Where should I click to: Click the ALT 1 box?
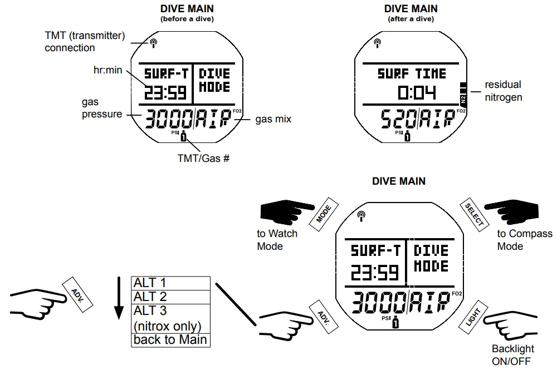click(171, 283)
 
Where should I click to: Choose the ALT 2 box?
click(171, 297)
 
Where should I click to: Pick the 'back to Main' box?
click(171, 339)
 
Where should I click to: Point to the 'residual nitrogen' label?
click(503, 91)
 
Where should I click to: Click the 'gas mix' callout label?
click(273, 119)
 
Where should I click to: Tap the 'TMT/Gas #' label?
click(203, 159)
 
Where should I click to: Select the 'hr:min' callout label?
click(108, 70)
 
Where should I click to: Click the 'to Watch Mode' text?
click(277, 240)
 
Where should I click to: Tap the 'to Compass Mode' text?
click(524, 240)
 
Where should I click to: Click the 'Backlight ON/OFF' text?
click(512, 355)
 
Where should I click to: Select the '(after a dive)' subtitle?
click(411, 19)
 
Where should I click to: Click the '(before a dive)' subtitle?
click(187, 19)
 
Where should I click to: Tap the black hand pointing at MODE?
click(287, 212)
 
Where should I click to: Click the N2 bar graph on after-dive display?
click(463, 92)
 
